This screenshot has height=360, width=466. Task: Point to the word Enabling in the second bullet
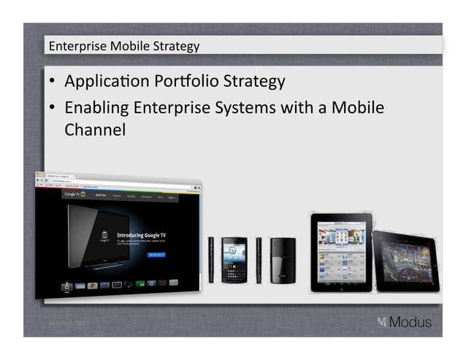coord(97,108)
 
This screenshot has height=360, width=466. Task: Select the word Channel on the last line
coord(95,130)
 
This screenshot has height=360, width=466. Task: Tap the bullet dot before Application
coord(54,81)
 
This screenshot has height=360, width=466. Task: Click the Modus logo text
coord(410,321)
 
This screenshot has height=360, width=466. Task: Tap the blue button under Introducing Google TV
coord(157,254)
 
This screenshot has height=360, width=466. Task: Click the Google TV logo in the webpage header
coord(72,196)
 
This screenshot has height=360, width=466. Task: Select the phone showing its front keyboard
coord(234,259)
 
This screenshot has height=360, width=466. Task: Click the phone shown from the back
coord(282,260)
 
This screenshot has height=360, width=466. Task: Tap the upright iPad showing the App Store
coord(340,252)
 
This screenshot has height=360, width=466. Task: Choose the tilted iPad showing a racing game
coord(405,260)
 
